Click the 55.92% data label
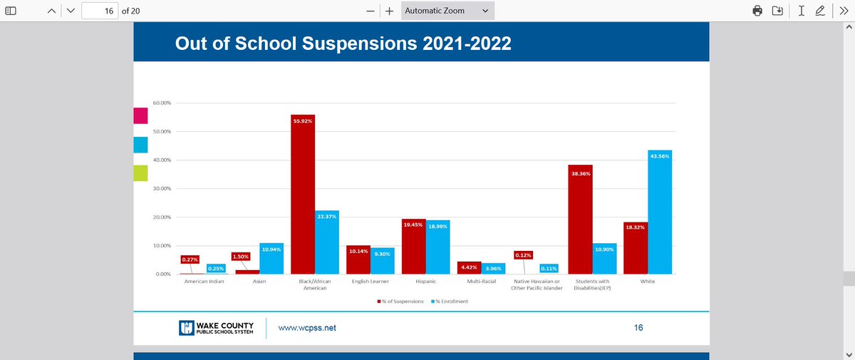click(303, 121)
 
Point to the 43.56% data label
click(660, 156)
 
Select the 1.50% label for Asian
click(241, 256)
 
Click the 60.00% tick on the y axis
click(161, 103)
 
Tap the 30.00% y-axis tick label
click(161, 189)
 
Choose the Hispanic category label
click(415, 282)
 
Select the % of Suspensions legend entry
click(400, 302)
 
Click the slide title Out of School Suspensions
click(343, 44)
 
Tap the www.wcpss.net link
click(306, 328)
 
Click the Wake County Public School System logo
click(216, 328)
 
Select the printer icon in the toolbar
click(757, 11)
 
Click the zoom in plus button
click(390, 11)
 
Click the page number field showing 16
click(100, 11)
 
